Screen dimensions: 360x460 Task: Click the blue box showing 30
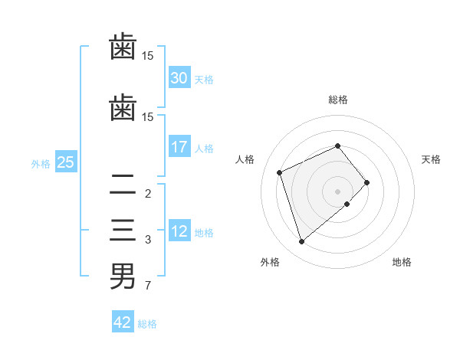coord(179,78)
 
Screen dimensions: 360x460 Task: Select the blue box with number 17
coord(179,147)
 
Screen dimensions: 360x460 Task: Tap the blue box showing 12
coord(179,232)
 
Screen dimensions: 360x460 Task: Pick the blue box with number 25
coord(65,162)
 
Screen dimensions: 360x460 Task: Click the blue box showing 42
coord(122,322)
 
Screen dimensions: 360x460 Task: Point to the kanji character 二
coord(123,184)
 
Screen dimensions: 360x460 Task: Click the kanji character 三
coord(123,231)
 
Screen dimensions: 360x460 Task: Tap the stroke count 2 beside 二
coord(147,193)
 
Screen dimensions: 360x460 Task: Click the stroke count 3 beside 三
coord(147,240)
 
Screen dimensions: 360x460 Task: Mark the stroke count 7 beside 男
coord(147,286)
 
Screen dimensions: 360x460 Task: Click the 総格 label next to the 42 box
coord(147,324)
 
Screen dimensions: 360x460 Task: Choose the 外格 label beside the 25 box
coord(41,163)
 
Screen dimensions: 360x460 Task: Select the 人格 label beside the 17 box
coord(204,149)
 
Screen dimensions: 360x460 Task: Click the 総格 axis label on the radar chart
coord(337,100)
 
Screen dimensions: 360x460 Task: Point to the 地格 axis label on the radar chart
coord(402,263)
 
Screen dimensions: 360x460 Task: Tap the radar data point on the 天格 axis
coord(367,182)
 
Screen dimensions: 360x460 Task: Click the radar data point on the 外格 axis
coord(301,242)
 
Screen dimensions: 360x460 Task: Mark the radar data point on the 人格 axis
coord(280,172)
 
